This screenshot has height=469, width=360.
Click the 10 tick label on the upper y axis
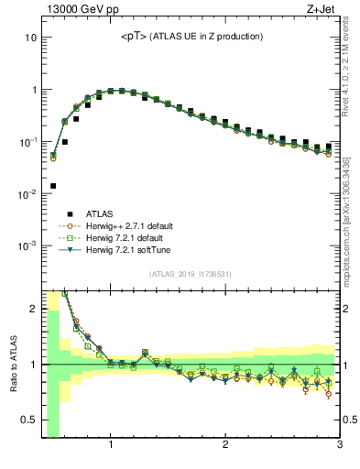29,38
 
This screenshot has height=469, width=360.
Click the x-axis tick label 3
339,446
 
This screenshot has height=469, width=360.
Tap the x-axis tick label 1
111,446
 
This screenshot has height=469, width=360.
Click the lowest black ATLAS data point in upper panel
53,186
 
